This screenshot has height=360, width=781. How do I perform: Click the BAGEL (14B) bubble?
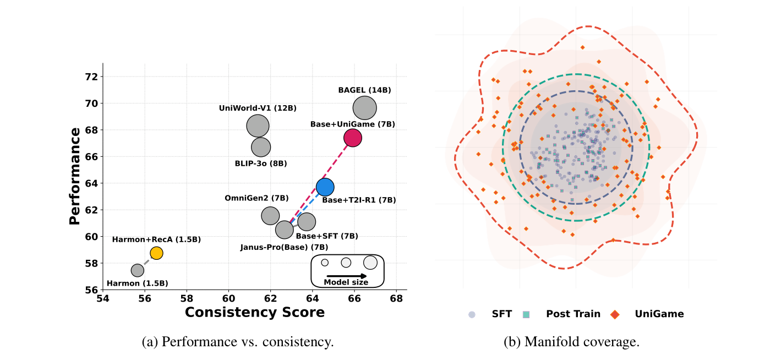[x=365, y=108]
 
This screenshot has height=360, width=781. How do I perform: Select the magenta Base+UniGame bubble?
[x=352, y=138]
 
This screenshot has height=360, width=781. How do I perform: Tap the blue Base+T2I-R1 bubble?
[x=325, y=187]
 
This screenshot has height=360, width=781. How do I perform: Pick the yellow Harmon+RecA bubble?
[x=156, y=253]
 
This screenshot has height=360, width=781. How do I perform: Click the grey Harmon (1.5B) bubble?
[x=138, y=270]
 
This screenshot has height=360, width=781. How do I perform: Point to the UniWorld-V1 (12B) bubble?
[x=258, y=126]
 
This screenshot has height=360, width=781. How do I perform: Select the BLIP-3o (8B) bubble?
[x=261, y=147]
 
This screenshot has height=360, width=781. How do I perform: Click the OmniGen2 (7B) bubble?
[x=270, y=216]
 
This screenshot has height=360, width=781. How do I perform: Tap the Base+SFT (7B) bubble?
[x=307, y=222]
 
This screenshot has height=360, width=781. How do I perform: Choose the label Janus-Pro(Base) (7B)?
[x=284, y=247]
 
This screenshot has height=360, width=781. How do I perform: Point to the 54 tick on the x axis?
[x=102, y=298]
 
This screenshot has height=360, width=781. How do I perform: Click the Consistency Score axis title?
[x=254, y=312]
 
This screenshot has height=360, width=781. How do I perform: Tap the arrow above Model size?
[x=346, y=275]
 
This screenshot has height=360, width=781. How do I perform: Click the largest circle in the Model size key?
[x=370, y=263]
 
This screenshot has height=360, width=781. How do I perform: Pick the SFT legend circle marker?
[x=472, y=314]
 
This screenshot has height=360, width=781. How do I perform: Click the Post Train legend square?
[x=526, y=314]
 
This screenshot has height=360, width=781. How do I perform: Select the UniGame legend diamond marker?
[x=615, y=314]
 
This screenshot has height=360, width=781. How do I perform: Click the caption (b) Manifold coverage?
[x=571, y=342]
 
